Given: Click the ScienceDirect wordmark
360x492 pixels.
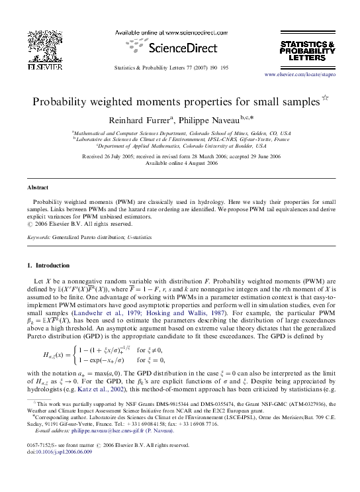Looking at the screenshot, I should coord(181,49).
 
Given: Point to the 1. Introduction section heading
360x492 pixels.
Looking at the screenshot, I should coord(47,266).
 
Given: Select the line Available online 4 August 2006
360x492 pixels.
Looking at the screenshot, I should coord(181,162).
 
